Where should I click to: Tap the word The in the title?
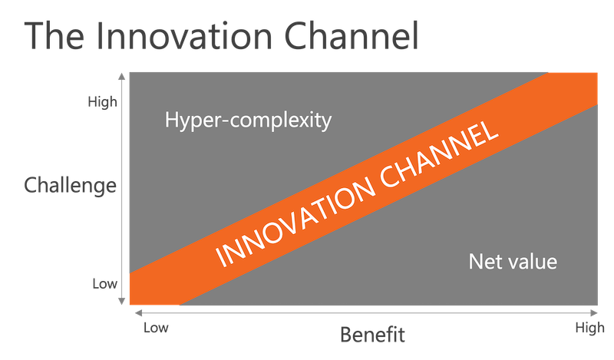click(x=54, y=36)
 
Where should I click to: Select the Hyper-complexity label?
click(x=248, y=121)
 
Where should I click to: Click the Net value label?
click(x=513, y=262)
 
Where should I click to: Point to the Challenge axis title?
click(x=71, y=185)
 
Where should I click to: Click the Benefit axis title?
click(x=372, y=335)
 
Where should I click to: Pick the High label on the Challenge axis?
click(x=102, y=102)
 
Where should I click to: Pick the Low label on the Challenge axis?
click(x=104, y=283)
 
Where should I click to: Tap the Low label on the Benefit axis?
click(x=156, y=328)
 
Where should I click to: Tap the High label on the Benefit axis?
click(x=589, y=329)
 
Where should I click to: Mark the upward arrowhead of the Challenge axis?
click(x=122, y=76)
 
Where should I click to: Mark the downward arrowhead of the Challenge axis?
click(x=122, y=301)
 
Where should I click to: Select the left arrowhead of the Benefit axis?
click(x=138, y=312)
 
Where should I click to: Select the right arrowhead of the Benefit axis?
click(x=594, y=312)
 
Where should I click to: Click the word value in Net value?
click(x=532, y=262)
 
